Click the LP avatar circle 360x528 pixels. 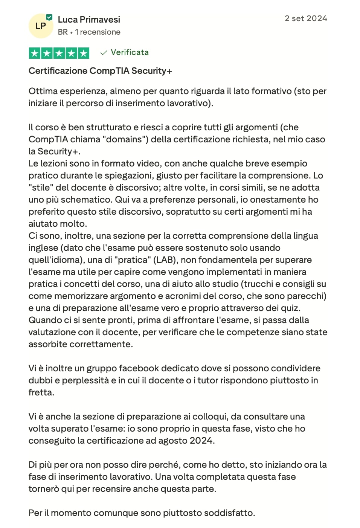click(41, 26)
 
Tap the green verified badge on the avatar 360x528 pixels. click(49, 17)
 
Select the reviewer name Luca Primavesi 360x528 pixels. click(89, 20)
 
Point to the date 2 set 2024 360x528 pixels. click(306, 18)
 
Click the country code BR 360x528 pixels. click(63, 32)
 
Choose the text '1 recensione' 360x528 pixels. click(98, 32)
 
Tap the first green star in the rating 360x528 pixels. click(35, 53)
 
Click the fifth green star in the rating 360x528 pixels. click(83, 53)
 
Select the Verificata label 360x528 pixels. click(130, 52)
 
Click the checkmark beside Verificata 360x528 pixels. click(104, 53)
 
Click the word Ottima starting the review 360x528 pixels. click(43, 91)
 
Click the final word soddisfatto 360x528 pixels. click(231, 513)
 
